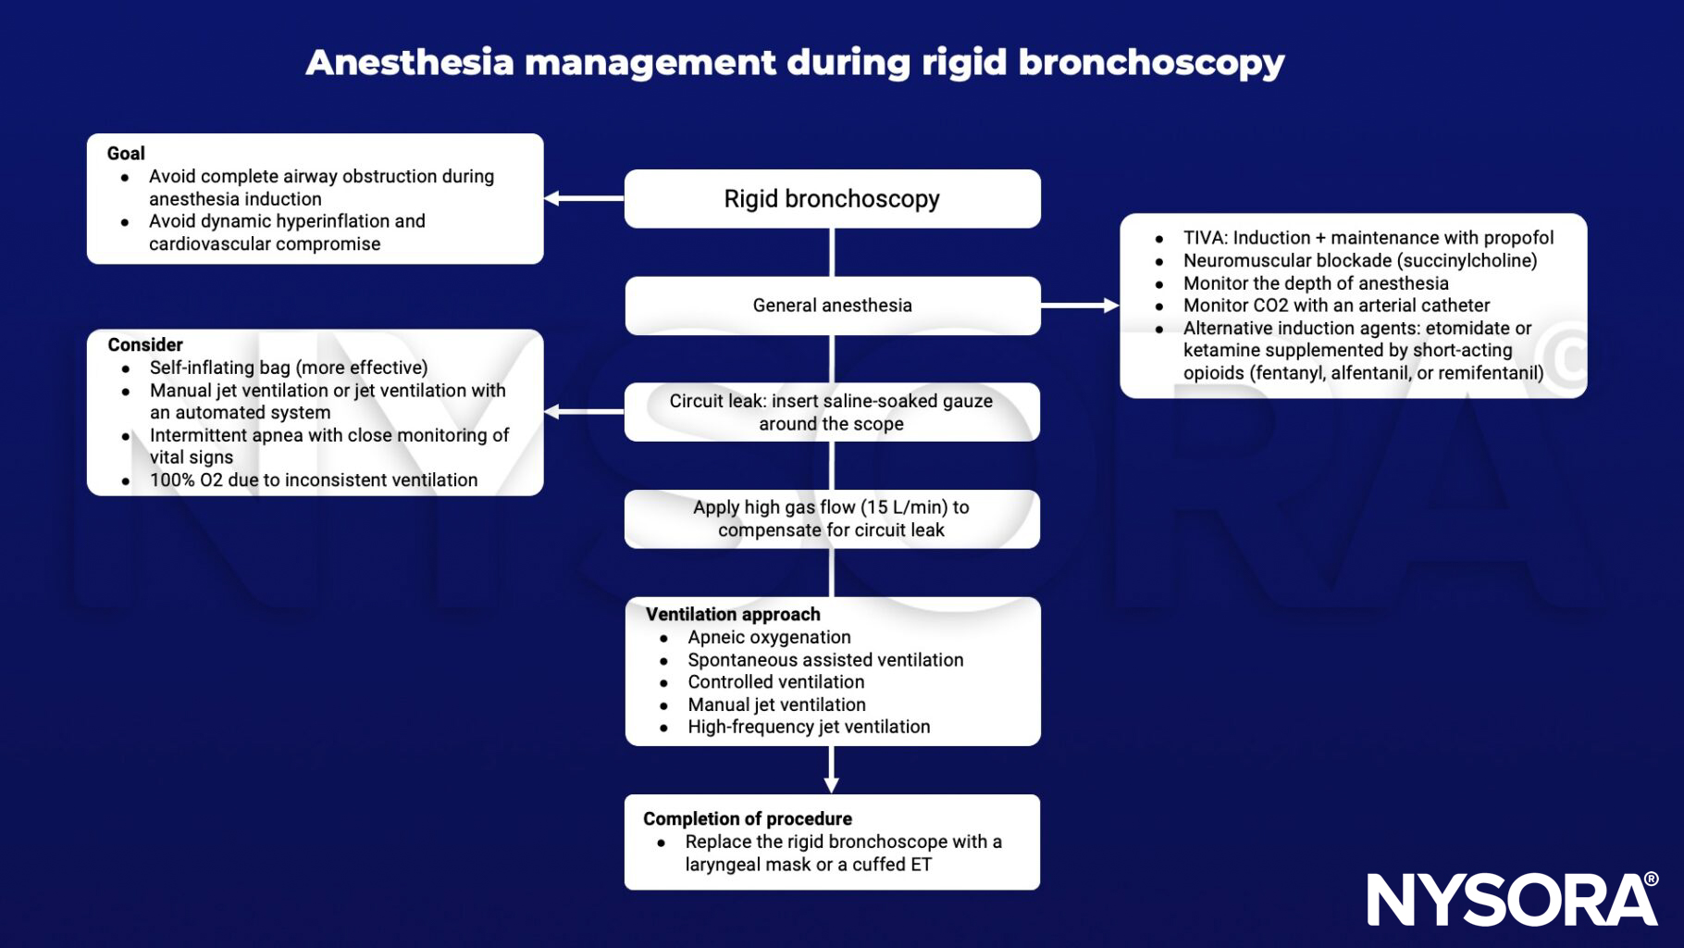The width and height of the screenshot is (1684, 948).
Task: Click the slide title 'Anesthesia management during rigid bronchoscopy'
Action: [794, 63]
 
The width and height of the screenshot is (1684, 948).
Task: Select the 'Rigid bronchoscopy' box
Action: [831, 199]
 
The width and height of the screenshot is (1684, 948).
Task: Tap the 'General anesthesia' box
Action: [831, 306]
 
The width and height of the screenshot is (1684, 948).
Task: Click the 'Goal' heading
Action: [126, 154]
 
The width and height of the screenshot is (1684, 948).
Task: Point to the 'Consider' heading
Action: [145, 345]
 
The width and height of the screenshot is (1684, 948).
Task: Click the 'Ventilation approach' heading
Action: [732, 615]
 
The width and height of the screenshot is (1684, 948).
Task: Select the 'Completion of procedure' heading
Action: [747, 819]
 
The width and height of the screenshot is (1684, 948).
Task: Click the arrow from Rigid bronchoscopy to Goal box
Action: [583, 198]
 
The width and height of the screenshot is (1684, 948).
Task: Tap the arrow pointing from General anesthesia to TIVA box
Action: [1079, 306]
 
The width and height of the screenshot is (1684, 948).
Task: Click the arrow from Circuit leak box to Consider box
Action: [583, 412]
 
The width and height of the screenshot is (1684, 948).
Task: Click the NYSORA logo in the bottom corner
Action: [1512, 899]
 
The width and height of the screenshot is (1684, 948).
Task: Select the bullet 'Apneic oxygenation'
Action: [768, 638]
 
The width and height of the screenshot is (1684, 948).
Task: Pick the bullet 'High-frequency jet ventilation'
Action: [808, 728]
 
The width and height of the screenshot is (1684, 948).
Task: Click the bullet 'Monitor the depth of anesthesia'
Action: [1315, 283]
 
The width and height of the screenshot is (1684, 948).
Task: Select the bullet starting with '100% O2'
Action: [313, 480]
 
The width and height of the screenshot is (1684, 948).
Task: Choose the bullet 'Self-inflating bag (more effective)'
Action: [288, 368]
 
